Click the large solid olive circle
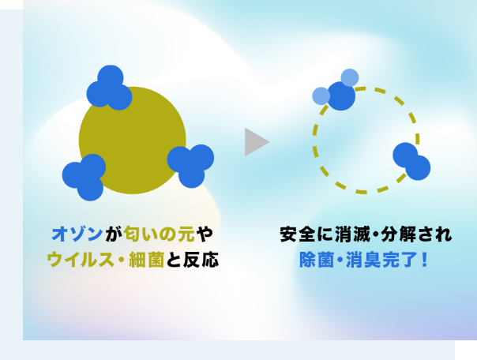tap(133, 141)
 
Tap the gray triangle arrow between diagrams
tap(257, 142)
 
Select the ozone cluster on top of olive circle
tap(109, 88)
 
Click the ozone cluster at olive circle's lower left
tap(84, 178)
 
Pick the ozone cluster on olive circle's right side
tap(191, 166)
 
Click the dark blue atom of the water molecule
tap(341, 96)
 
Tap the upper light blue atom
tap(350, 77)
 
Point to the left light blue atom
tap(321, 96)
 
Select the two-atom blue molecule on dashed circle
tap(411, 162)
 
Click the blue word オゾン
tap(77, 234)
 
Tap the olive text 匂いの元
tap(160, 234)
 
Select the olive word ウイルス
tap(81, 260)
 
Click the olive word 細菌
tap(147, 260)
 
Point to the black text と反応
tap(192, 260)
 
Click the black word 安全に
tap(306, 234)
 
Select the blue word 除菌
tap(317, 260)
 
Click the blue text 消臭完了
tap(381, 260)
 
